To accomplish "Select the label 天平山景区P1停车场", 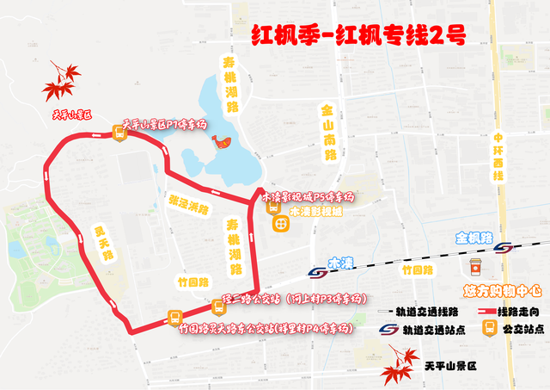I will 166,125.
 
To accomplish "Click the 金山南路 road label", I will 327,134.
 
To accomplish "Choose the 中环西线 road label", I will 496,152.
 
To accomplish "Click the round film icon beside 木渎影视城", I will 280,223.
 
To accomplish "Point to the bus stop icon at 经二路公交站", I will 216,308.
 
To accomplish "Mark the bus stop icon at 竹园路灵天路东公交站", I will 174,318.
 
